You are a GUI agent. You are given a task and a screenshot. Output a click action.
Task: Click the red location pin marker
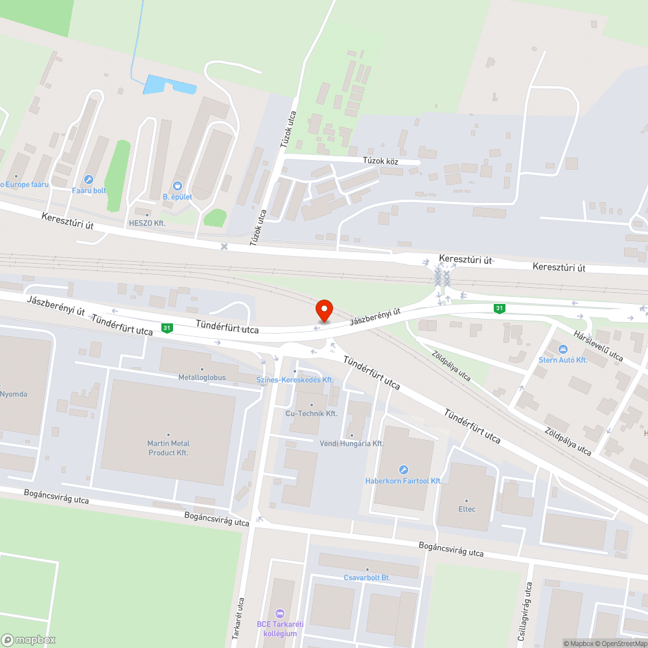point(324,310)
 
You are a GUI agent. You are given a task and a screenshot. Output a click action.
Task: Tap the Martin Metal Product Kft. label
point(168,448)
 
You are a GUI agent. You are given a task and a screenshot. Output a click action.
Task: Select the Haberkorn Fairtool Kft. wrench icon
point(403,470)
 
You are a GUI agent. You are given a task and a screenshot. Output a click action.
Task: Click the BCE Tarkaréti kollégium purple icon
point(280,613)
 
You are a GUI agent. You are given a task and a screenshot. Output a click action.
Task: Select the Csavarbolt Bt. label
point(367,577)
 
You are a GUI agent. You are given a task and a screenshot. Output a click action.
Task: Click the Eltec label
point(467,509)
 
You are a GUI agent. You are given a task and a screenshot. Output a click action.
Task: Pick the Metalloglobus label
point(202,377)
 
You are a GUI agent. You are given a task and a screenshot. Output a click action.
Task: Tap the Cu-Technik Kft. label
point(312,413)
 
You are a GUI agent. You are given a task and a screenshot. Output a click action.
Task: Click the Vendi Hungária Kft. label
point(352,443)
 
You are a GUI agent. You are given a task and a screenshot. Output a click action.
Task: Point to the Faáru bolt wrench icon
point(89,179)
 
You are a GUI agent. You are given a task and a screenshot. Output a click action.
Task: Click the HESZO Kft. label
point(147,223)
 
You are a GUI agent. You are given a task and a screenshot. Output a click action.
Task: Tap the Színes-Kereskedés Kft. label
point(303,380)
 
